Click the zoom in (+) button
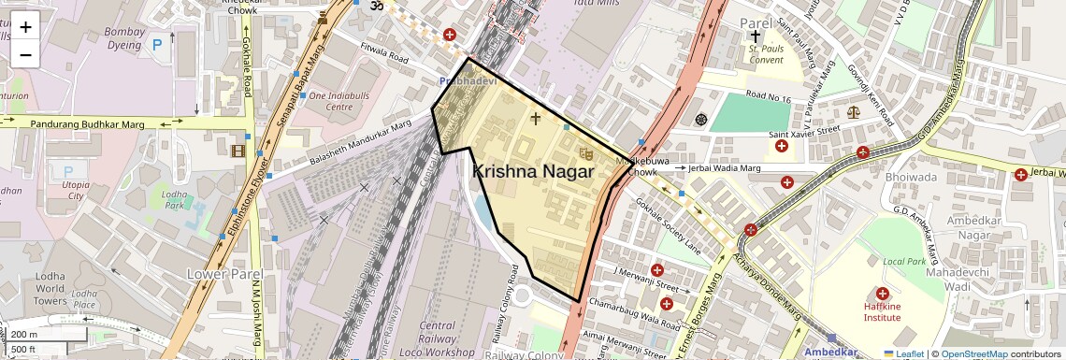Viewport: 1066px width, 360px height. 25,27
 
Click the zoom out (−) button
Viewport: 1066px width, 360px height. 25,54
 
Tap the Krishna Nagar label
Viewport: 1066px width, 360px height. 532,172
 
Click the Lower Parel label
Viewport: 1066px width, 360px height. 221,273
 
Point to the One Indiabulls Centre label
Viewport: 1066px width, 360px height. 343,101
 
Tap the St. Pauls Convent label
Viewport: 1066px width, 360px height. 765,54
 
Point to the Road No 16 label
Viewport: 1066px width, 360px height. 770,97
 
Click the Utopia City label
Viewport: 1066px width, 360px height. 75,190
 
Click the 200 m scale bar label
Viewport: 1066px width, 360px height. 25,335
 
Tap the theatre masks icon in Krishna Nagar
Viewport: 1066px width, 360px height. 586,152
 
